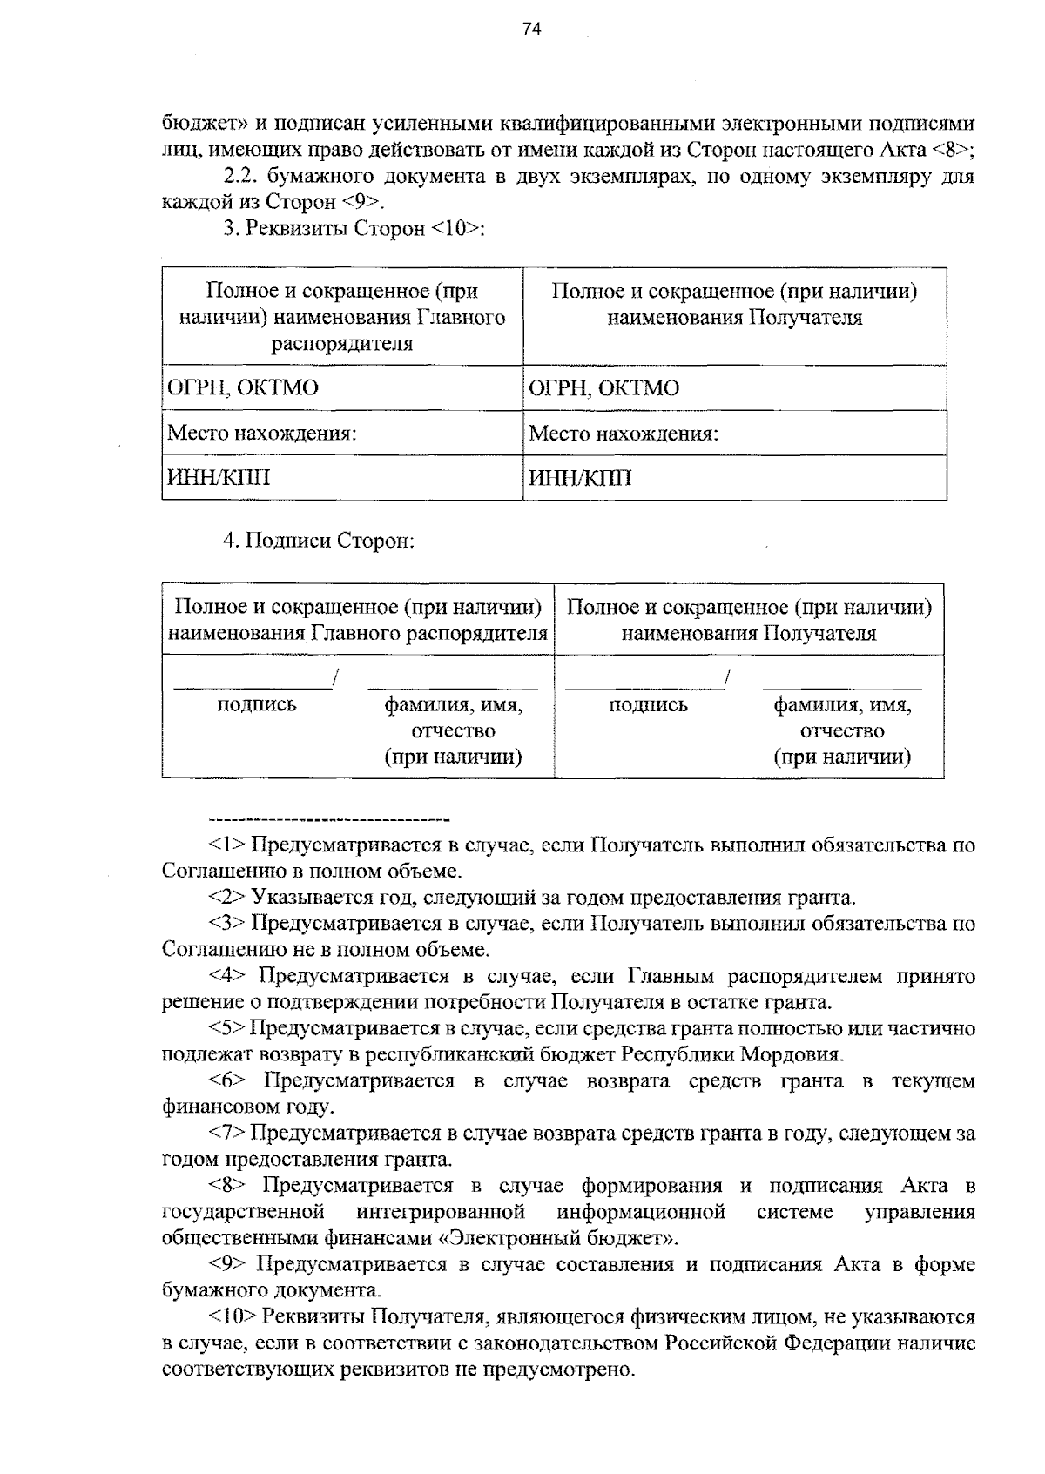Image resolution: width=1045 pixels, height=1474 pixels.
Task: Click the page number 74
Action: [x=531, y=30]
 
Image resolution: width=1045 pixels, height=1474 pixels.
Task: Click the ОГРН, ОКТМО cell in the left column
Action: [x=242, y=388]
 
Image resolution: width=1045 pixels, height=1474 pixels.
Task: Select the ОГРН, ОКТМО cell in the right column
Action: [x=603, y=388]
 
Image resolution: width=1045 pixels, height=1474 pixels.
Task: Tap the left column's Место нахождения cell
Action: [x=261, y=434]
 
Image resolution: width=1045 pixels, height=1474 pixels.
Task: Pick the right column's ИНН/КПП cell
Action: [x=580, y=479]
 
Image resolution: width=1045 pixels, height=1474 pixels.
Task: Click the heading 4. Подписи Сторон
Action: [x=319, y=542]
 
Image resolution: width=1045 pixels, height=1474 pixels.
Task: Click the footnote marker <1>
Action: [x=229, y=845]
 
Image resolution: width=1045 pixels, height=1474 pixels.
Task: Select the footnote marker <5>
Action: [x=229, y=1029]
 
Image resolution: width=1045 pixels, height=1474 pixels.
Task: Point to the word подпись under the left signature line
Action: [x=256, y=705]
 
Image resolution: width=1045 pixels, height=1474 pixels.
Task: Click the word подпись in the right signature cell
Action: [x=648, y=705]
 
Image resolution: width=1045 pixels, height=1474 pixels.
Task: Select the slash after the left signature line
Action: [x=335, y=677]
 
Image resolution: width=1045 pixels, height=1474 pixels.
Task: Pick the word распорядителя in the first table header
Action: [x=341, y=344]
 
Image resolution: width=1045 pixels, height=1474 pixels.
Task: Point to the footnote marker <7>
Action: [x=229, y=1134]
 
